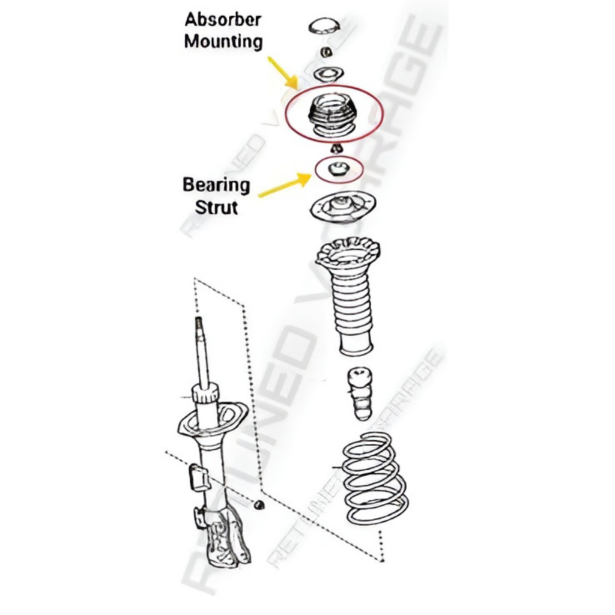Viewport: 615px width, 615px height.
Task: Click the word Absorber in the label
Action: pos(223,19)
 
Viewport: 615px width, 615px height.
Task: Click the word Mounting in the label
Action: pos(223,41)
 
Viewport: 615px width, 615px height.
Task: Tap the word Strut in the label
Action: pos(216,207)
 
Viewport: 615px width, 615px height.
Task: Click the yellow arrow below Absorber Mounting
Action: pos(282,72)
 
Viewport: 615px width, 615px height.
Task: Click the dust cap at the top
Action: pos(324,26)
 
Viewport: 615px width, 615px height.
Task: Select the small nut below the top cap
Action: pos(326,52)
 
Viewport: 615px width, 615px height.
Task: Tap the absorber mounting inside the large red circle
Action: pos(333,114)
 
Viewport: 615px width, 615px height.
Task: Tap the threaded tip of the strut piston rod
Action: pos(198,327)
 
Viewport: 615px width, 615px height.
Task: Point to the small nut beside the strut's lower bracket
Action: pos(259,504)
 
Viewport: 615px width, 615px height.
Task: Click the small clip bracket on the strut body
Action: pos(198,476)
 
